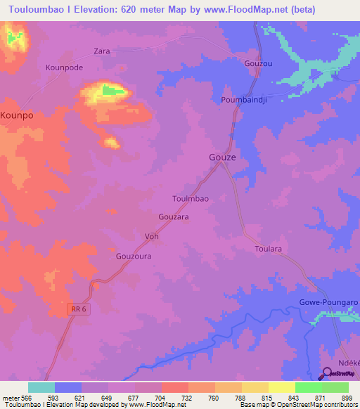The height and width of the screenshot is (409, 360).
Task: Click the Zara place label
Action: [x=103, y=51]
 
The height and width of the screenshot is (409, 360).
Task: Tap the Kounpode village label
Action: [x=64, y=67]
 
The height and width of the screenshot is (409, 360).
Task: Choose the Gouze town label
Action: [x=222, y=157]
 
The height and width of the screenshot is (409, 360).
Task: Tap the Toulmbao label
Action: [x=191, y=199]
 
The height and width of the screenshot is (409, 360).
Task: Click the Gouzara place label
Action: [x=174, y=217]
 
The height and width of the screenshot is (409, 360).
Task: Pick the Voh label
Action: [x=151, y=236]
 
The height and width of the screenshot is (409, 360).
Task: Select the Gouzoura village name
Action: [x=134, y=257]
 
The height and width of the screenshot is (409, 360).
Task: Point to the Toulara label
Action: [x=268, y=249]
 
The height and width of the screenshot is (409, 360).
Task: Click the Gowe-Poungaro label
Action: [x=329, y=301]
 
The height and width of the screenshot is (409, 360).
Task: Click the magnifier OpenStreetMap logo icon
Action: [x=328, y=374]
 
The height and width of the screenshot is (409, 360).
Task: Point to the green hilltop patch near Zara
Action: [x=109, y=90]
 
